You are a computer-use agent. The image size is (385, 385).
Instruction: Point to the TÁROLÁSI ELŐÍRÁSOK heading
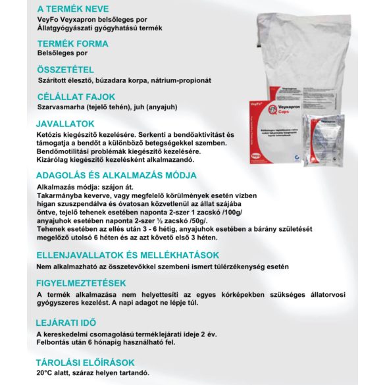[x=86, y=362]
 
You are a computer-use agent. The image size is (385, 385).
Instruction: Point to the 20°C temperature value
[x=47, y=372]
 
